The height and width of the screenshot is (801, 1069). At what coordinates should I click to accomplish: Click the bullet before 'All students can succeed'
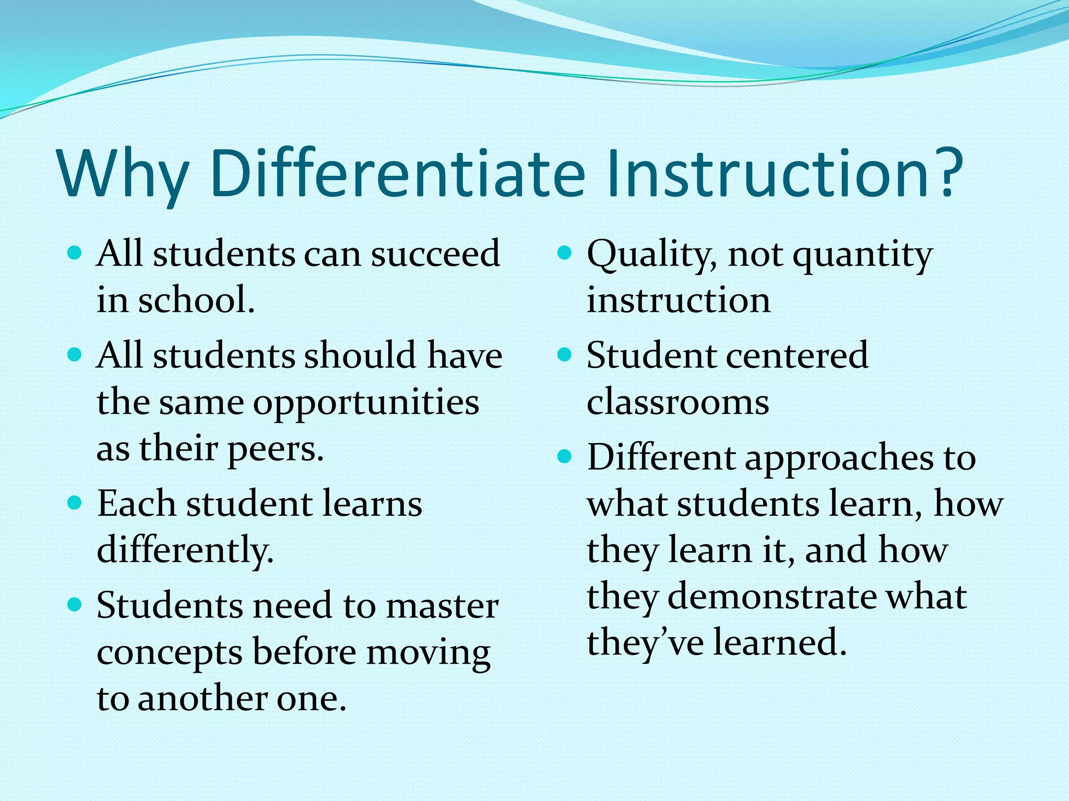(75, 254)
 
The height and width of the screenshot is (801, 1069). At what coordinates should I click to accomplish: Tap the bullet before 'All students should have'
(75, 356)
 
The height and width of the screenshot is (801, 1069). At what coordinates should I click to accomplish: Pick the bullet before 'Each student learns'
(75, 503)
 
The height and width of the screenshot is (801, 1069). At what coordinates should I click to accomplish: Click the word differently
(185, 551)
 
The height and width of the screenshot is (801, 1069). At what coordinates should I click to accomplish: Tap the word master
(442, 606)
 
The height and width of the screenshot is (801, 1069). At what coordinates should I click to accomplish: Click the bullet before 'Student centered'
(565, 356)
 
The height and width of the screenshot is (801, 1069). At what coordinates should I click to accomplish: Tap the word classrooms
(678, 403)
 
